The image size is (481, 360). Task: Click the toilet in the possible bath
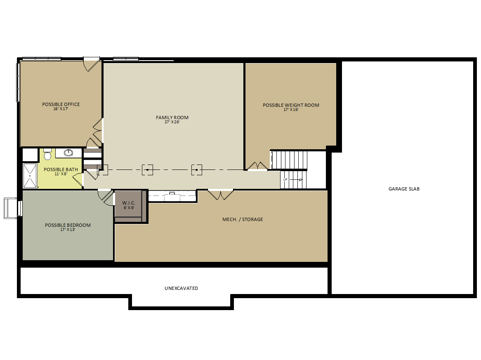pyautogui.click(x=47, y=154)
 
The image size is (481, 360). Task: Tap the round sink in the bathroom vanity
pyautogui.click(x=68, y=153)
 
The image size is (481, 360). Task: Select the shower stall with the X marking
pyautogui.click(x=30, y=176)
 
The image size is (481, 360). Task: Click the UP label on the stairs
pyautogui.click(x=285, y=179)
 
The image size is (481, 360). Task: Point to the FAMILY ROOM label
pyautogui.click(x=172, y=118)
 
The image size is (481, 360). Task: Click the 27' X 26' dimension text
pyautogui.click(x=172, y=122)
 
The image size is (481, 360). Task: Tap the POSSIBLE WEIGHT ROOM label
pyautogui.click(x=291, y=105)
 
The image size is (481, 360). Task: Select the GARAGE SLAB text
pyautogui.click(x=404, y=189)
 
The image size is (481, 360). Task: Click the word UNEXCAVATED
pyautogui.click(x=181, y=288)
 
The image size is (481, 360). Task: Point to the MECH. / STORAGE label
pyautogui.click(x=243, y=219)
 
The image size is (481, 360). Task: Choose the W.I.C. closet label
pyautogui.click(x=129, y=203)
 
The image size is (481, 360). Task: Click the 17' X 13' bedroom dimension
pyautogui.click(x=68, y=230)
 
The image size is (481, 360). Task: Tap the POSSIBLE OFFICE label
pyautogui.click(x=61, y=104)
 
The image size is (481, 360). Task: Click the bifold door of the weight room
pyautogui.click(x=258, y=166)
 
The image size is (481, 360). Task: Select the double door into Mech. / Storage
pyautogui.click(x=221, y=195)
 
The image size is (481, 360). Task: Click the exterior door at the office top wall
pyautogui.click(x=92, y=64)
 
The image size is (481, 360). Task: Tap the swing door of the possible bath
pyautogui.click(x=78, y=180)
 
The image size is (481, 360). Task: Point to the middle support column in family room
pyautogui.click(x=148, y=170)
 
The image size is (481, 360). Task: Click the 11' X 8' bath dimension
pyautogui.click(x=61, y=174)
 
